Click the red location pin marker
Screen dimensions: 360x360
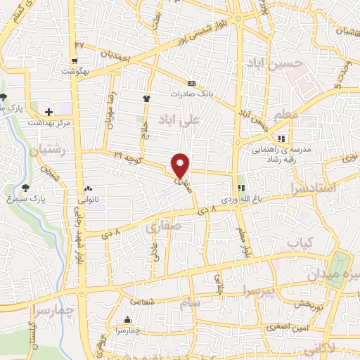pos(181,165)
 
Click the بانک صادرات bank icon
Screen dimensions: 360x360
pos(192,82)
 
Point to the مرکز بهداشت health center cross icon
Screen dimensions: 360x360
pos(49,111)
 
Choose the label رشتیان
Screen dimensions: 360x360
pos(49,149)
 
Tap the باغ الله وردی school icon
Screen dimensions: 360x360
pos(240,188)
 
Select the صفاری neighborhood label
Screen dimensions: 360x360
pos(162,227)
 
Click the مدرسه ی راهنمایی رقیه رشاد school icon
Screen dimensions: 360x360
pos(281,138)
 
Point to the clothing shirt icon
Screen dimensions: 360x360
pos(147,98)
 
